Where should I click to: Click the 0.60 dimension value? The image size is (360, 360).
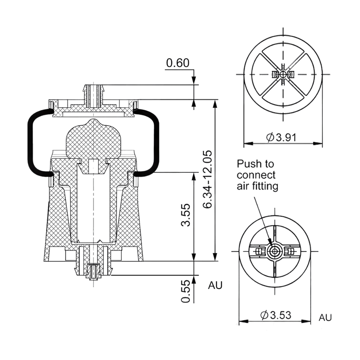pyautogui.click(x=178, y=63)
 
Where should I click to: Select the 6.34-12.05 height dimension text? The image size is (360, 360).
pyautogui.click(x=207, y=179)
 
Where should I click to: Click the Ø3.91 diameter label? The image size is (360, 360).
pyautogui.click(x=281, y=137)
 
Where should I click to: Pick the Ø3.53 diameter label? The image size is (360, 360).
pyautogui.click(x=276, y=315)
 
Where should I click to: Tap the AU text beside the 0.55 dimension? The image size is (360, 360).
pyautogui.click(x=215, y=285)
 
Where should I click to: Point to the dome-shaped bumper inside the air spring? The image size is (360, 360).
pyautogui.click(x=94, y=139)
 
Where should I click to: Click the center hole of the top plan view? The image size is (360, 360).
pyautogui.click(x=283, y=74)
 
